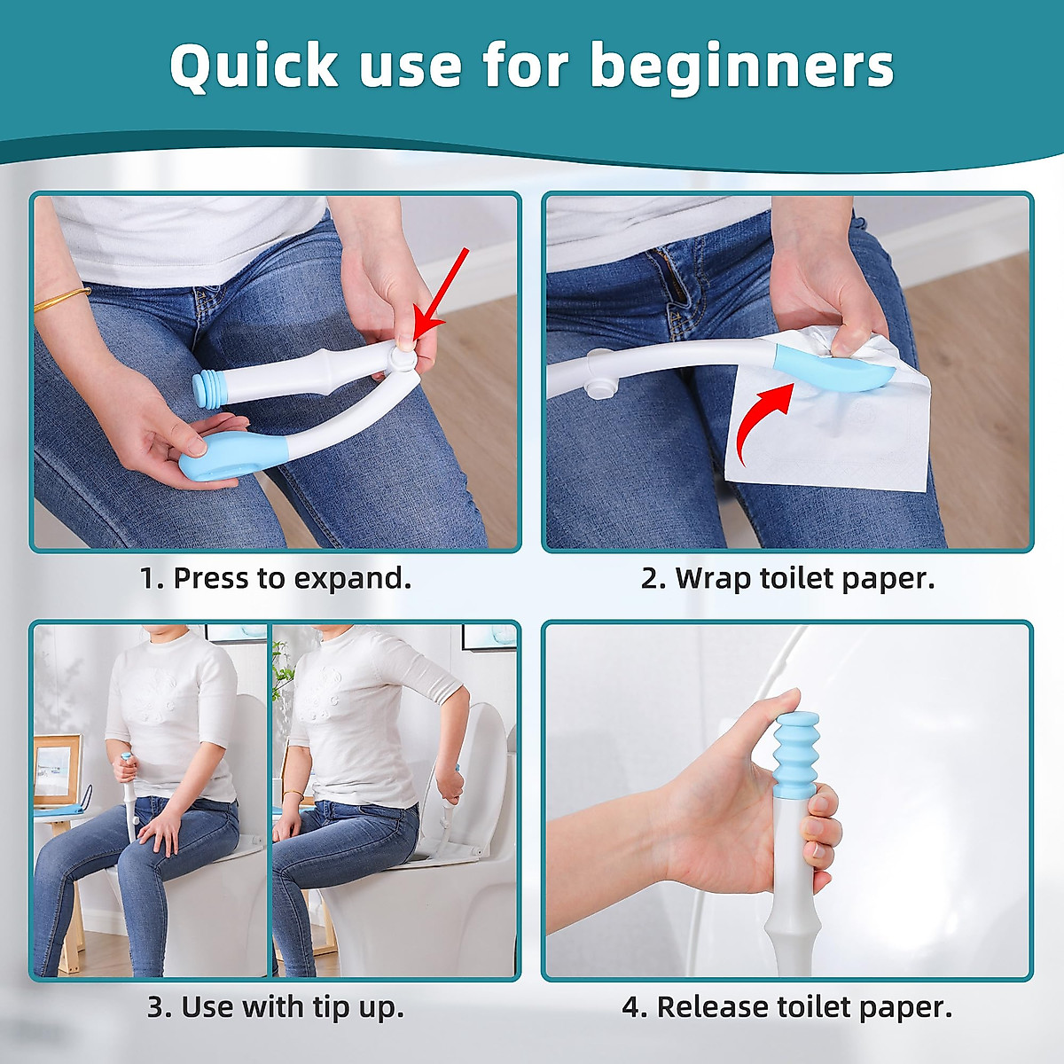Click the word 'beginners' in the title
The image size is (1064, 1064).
coord(742,67)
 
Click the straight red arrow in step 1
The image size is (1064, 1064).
coord(442,293)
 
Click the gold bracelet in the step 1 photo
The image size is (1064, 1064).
coord(61,299)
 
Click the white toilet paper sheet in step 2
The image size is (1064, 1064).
coord(833,426)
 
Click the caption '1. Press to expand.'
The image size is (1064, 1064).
coord(275,578)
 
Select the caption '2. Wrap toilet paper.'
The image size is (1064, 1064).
coord(787,578)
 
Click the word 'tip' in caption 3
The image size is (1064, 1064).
coord(329,1007)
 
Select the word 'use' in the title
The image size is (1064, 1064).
coord(411,67)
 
